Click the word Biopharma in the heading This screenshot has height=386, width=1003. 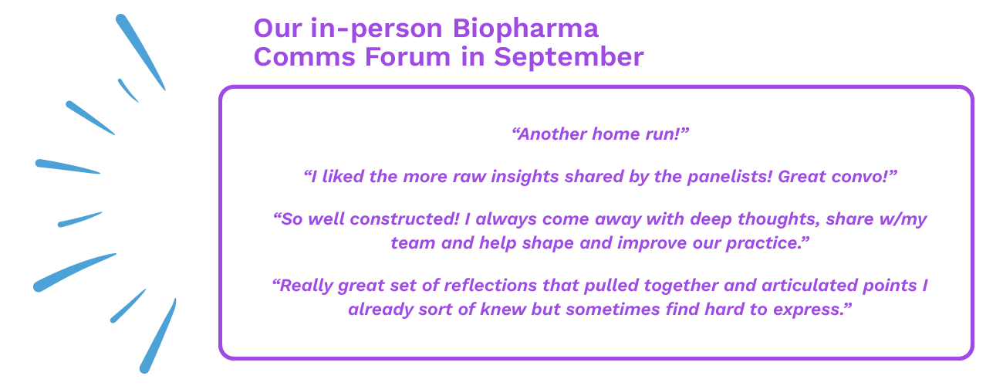(525, 29)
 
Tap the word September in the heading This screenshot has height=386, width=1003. (569, 58)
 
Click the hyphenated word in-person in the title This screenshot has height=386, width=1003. (377, 29)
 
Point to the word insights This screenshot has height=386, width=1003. (525, 177)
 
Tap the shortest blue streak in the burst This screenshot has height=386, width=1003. (127, 90)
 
